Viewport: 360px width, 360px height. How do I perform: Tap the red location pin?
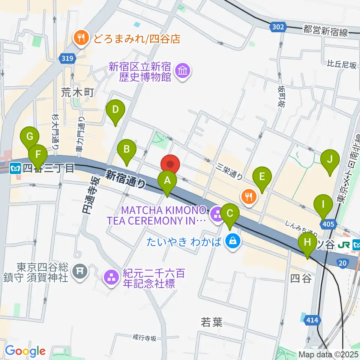click(171, 165)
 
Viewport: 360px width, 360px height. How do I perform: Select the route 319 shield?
click(67, 58)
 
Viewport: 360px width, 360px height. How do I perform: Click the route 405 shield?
click(328, 224)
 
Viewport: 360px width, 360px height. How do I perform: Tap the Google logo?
click(25, 351)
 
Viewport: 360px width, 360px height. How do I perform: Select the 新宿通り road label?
click(125, 178)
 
